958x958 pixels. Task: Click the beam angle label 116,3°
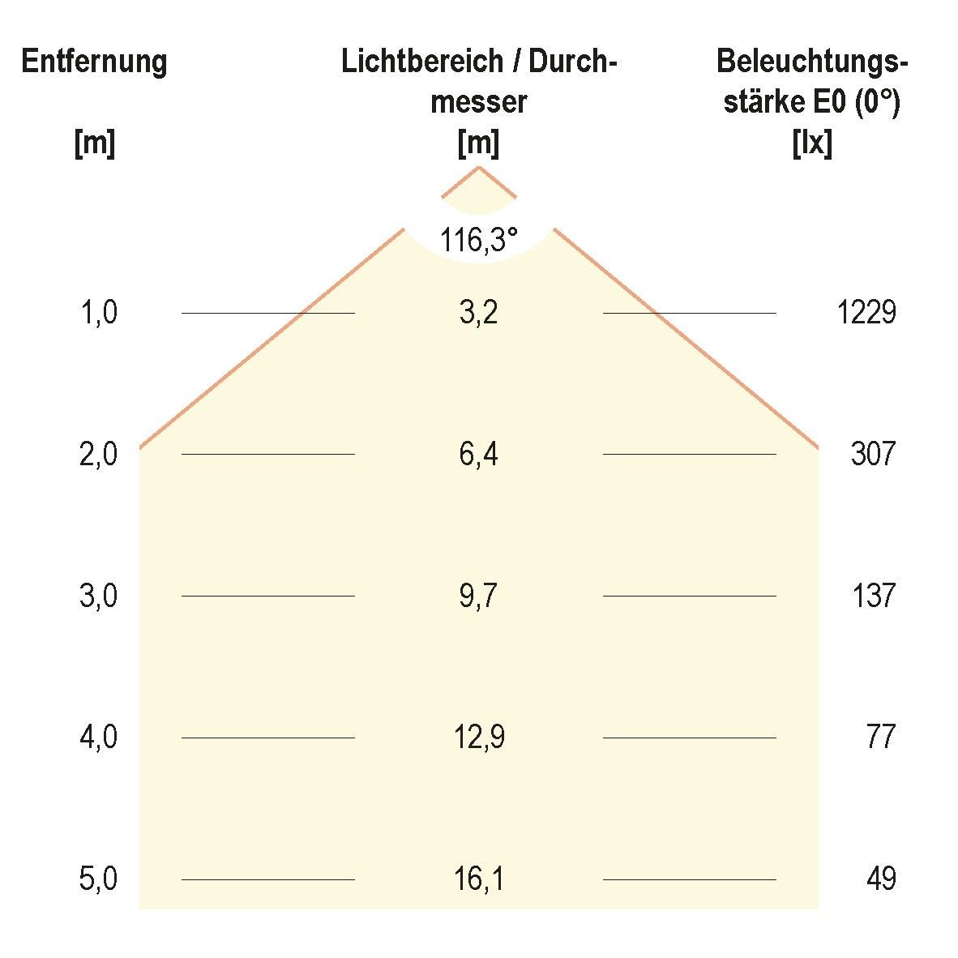pyautogui.click(x=478, y=240)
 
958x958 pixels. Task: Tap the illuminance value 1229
pyautogui.click(x=866, y=312)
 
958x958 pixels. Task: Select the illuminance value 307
pyautogui.click(x=873, y=454)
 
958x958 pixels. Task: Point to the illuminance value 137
pyautogui.click(x=873, y=596)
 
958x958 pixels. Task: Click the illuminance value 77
pyautogui.click(x=879, y=738)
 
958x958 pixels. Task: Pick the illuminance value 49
pyautogui.click(x=879, y=879)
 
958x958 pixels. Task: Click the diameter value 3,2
pyautogui.click(x=478, y=312)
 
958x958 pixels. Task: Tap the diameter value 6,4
pyautogui.click(x=478, y=454)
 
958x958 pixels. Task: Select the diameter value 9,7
pyautogui.click(x=478, y=596)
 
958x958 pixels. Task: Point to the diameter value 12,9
pyautogui.click(x=478, y=738)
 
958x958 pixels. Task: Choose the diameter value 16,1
pyautogui.click(x=478, y=879)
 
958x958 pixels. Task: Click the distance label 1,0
pyautogui.click(x=99, y=312)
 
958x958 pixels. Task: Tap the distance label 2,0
pyautogui.click(x=99, y=454)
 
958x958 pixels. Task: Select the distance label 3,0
pyautogui.click(x=99, y=596)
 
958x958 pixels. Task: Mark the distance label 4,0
pyautogui.click(x=99, y=738)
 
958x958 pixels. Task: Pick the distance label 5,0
pyautogui.click(x=99, y=879)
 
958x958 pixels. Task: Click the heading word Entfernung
pyautogui.click(x=94, y=62)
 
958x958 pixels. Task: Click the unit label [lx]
pyautogui.click(x=811, y=144)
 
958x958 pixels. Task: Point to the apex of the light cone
pyautogui.click(x=478, y=167)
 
